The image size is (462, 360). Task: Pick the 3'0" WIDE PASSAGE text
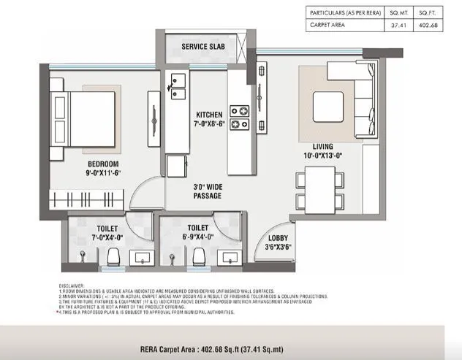208,191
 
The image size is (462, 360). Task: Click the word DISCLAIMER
72,286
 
